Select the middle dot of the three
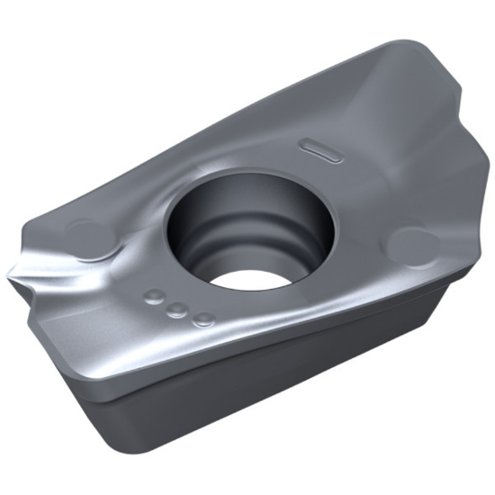178,309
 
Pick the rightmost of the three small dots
203,318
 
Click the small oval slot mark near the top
321,149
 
